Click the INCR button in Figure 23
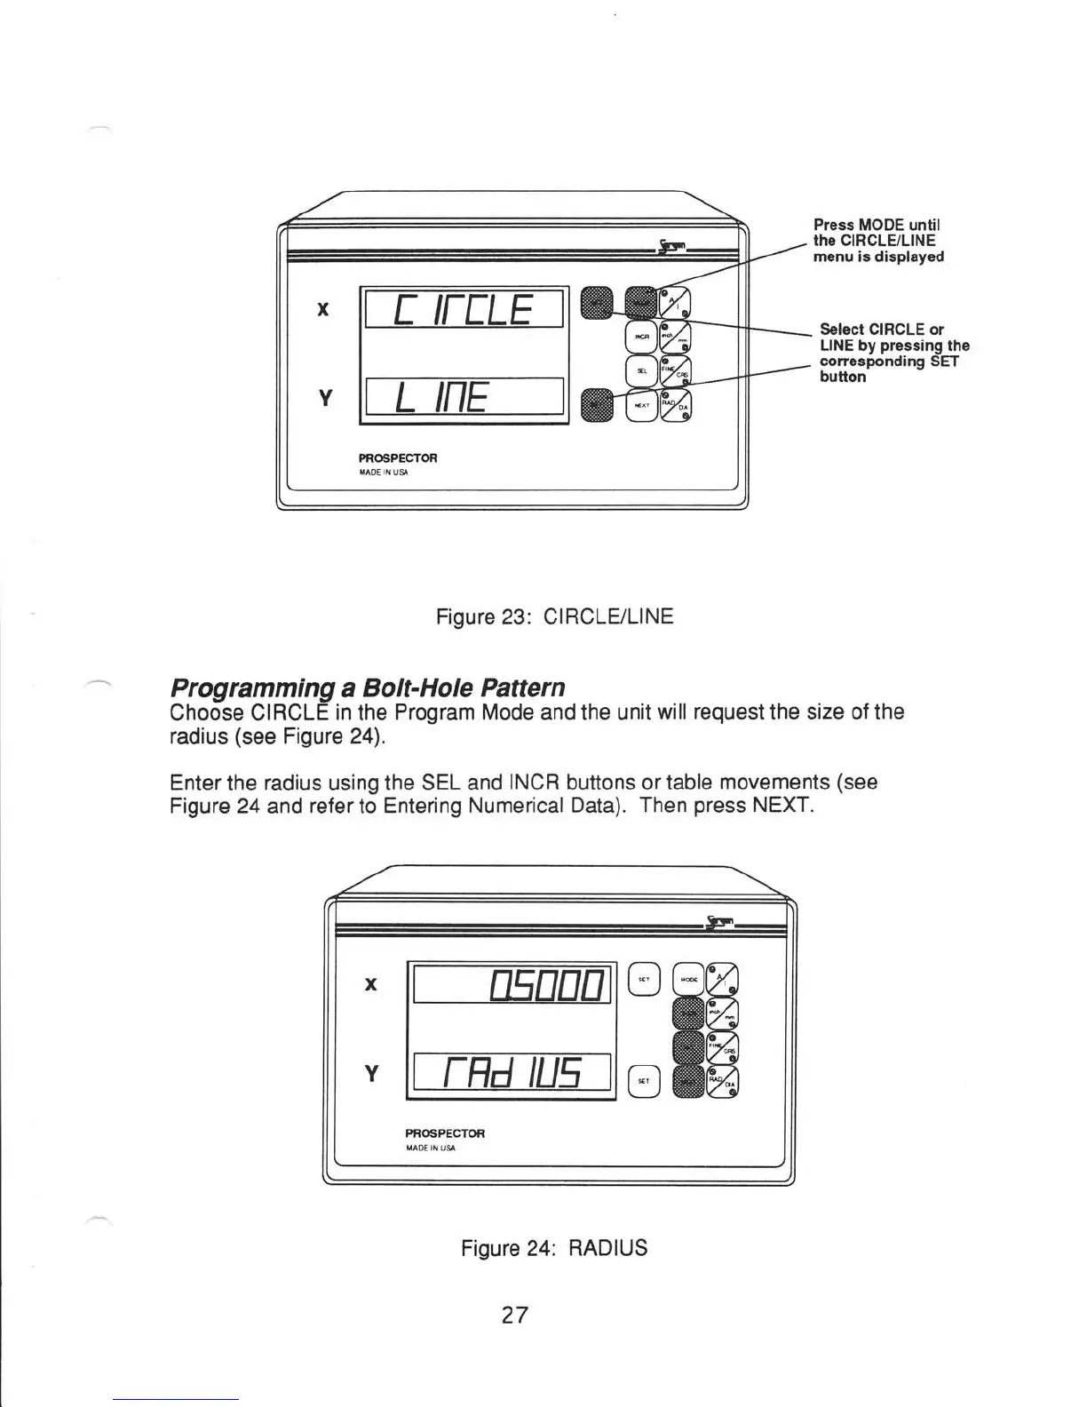click(x=641, y=337)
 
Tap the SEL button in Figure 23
click(x=641, y=370)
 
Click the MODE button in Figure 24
click(x=688, y=979)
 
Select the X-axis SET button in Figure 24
click(x=644, y=979)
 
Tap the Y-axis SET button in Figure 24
click(x=644, y=1080)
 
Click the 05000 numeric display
click(x=512, y=984)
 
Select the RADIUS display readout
click(x=512, y=1071)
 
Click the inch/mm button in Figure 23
click(x=675, y=338)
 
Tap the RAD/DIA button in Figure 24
click(x=723, y=1081)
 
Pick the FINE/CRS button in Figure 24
click(x=723, y=1047)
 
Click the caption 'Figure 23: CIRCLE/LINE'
click(x=554, y=616)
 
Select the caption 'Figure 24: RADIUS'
click(x=554, y=1248)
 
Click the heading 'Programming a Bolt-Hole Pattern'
click(x=367, y=688)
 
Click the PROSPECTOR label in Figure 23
click(x=397, y=458)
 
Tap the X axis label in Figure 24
click(x=371, y=984)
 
